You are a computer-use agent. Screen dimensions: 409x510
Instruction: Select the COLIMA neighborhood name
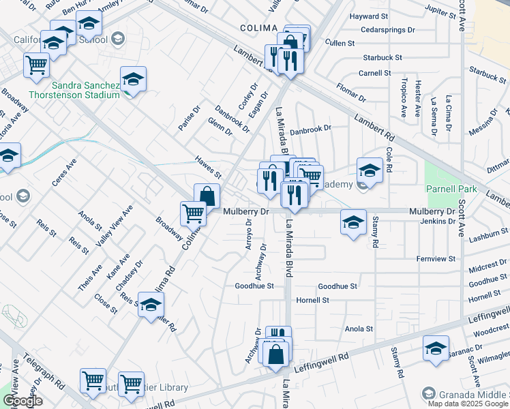tap(259, 28)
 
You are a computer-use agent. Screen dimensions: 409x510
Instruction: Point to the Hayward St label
tap(368, 16)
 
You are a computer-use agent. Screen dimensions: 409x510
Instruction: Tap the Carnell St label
tap(374, 72)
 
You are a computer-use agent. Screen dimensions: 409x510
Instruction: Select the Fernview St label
tap(436, 259)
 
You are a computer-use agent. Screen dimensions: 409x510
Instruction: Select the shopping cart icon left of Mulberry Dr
tap(194, 213)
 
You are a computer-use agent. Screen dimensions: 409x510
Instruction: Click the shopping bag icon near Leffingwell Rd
tap(276, 354)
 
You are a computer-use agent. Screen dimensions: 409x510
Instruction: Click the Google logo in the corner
tap(22, 401)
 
